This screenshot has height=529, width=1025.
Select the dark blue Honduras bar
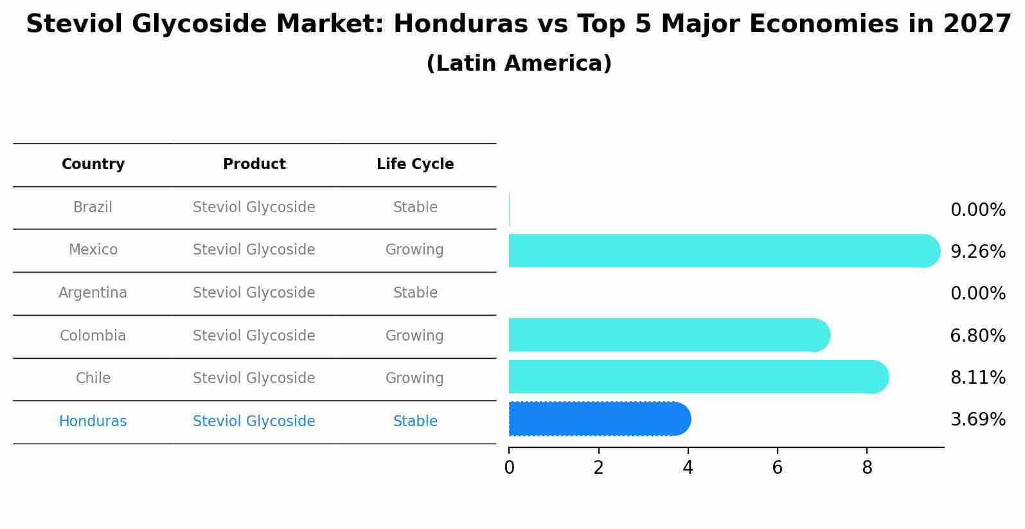[x=598, y=419]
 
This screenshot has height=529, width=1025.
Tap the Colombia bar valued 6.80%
[x=668, y=335]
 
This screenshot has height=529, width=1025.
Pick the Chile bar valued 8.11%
[x=697, y=377]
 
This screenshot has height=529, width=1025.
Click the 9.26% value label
[x=977, y=251]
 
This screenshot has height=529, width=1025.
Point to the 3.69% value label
[x=977, y=420]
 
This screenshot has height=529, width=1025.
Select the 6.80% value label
[x=977, y=336]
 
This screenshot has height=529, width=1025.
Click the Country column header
[x=93, y=165]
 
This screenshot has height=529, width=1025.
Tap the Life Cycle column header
[x=415, y=165]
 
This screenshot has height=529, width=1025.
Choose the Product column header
[x=254, y=165]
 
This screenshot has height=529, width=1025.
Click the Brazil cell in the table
[x=93, y=208]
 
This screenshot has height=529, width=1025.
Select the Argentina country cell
[x=93, y=293]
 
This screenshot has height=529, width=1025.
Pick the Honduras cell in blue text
[x=93, y=422]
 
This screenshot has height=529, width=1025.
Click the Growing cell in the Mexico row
[x=414, y=250]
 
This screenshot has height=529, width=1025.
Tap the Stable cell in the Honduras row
[x=415, y=422]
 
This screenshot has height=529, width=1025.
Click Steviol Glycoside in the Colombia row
[x=254, y=336]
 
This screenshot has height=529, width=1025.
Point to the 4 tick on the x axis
[x=688, y=467]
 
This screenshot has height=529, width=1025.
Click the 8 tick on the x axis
[x=867, y=467]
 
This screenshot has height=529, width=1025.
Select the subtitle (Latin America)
[x=519, y=64]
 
